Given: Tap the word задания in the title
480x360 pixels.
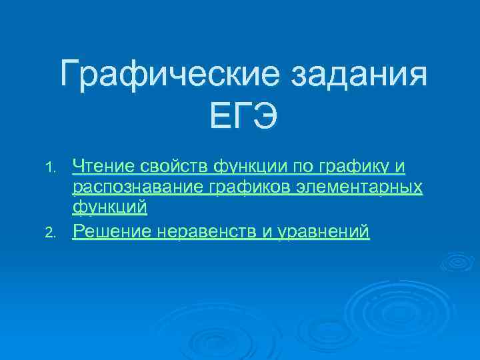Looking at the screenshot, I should tap(357, 75).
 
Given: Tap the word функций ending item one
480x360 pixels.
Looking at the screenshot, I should tap(109, 207).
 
